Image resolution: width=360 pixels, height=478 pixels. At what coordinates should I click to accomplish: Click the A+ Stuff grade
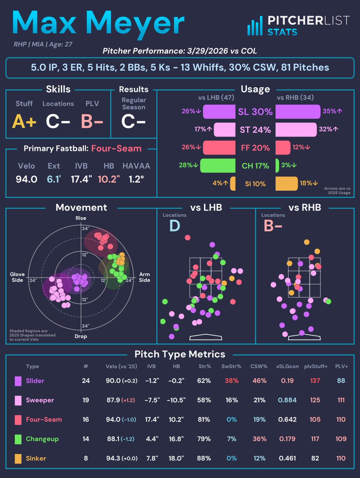[25, 122]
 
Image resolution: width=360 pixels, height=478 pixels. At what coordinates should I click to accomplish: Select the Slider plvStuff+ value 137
[315, 380]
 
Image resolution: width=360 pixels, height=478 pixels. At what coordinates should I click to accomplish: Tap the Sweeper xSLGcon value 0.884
[286, 400]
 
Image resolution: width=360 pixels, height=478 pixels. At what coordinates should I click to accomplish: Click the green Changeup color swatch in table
[18, 439]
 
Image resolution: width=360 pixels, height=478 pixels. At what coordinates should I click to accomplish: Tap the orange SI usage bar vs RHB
[286, 184]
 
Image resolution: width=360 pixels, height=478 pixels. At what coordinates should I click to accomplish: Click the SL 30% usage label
[255, 112]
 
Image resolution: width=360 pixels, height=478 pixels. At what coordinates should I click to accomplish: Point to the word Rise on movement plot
[81, 218]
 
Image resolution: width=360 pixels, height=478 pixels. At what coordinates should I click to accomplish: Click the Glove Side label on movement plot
[18, 277]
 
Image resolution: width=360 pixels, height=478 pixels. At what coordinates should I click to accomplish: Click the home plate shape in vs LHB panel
[205, 337]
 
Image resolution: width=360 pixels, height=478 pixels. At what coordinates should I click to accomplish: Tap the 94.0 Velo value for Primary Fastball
[27, 179]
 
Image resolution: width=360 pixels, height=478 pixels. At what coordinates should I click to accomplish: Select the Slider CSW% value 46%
[259, 380]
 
